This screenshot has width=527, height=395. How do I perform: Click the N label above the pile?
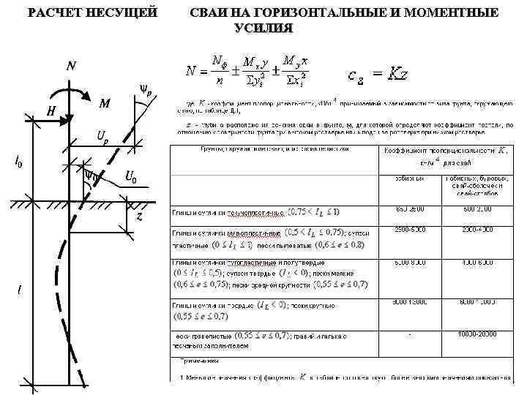[71, 67]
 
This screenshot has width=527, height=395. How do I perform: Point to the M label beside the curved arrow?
[105, 104]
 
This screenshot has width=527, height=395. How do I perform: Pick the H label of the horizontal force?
[51, 111]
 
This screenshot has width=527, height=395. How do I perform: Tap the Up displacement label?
[102, 136]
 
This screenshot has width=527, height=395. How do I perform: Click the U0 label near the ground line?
[131, 176]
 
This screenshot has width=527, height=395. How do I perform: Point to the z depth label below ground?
[139, 217]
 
